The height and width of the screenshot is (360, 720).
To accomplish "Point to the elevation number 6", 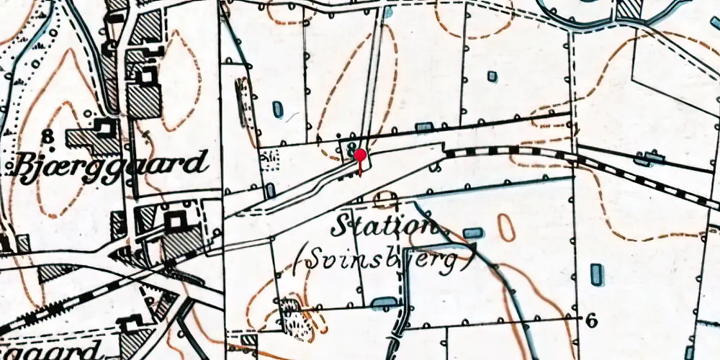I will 590,321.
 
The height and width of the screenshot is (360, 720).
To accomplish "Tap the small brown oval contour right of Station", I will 507,228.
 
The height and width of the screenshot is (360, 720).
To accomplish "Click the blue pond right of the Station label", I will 473,233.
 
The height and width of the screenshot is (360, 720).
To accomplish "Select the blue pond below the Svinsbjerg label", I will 384,300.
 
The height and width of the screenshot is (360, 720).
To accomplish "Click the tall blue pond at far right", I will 596,274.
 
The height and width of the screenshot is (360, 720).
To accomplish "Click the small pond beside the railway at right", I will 653,156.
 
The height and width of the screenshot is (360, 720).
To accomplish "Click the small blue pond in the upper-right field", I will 492,76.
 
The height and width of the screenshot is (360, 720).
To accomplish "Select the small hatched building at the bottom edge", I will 249,340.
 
